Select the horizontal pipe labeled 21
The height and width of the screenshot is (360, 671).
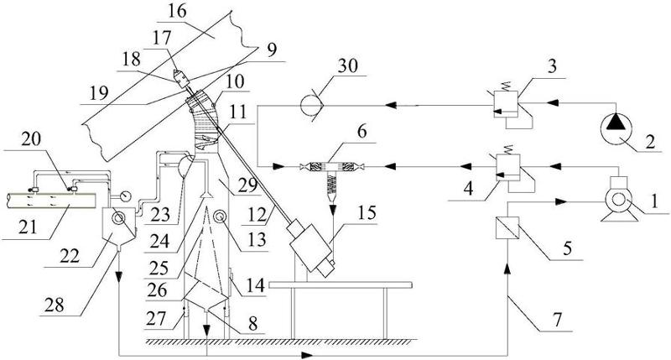pos(50,202)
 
